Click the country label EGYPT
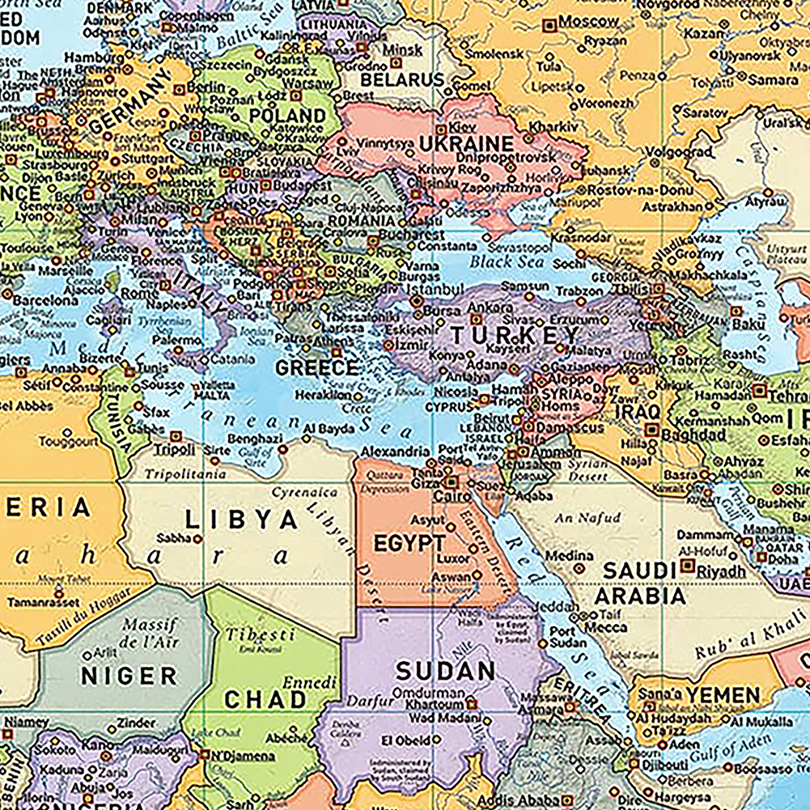tap(409, 543)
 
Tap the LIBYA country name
tap(240, 519)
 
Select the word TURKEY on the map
tap(515, 334)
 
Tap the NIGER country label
tap(129, 676)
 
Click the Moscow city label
tap(588, 22)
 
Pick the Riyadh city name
tap(722, 572)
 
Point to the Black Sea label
tap(503, 261)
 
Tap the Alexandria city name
tap(395, 452)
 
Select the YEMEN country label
tap(723, 695)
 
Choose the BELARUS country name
tap(402, 79)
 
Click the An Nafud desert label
tap(588, 518)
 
